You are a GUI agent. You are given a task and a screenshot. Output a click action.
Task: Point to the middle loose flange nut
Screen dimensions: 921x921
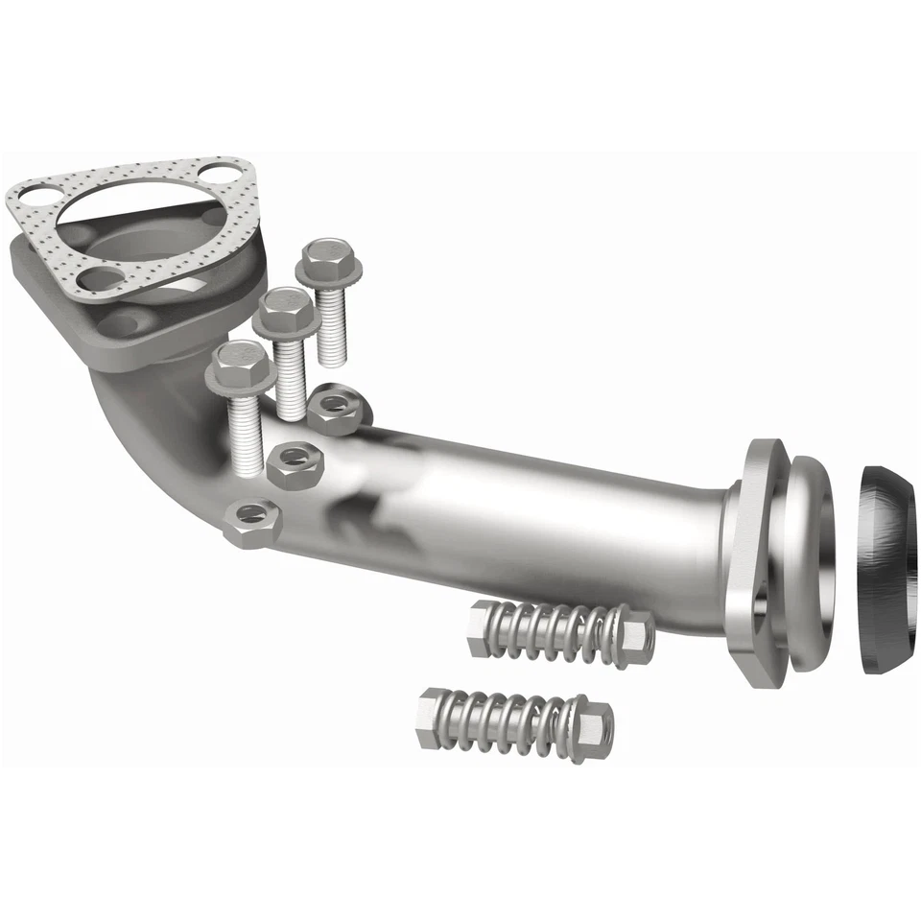tap(294, 463)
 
